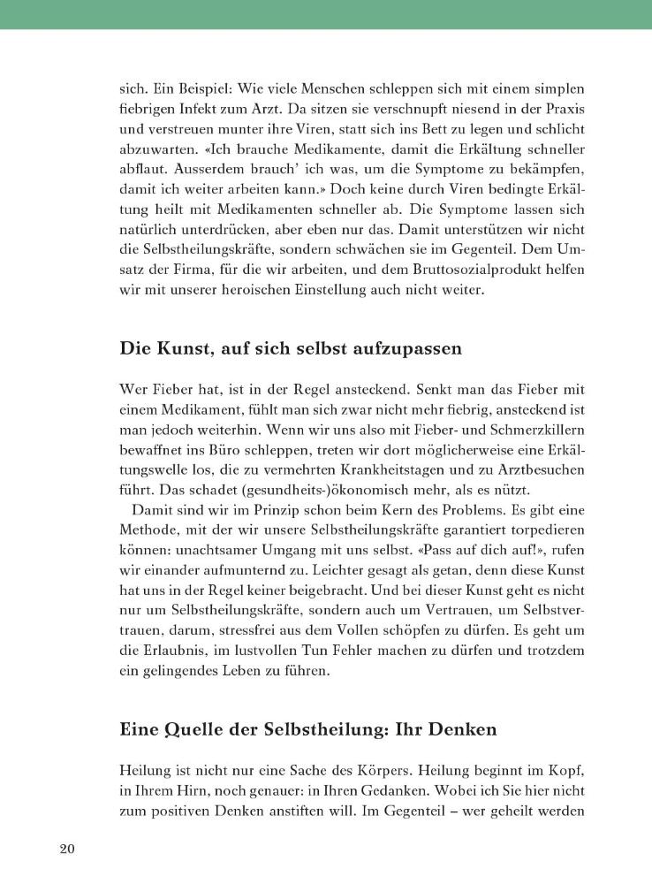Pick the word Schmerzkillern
(541, 429)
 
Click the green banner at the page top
(326, 14)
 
